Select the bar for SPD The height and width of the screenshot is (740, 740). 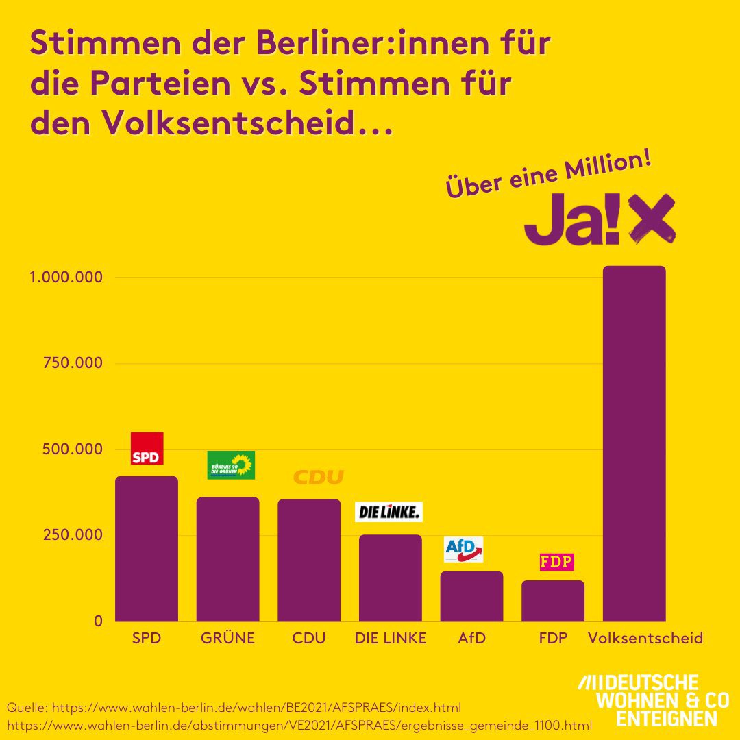tap(147, 548)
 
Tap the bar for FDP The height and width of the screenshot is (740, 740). tap(552, 601)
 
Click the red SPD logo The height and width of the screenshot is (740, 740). tap(147, 449)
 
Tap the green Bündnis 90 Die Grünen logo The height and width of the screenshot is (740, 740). tap(231, 465)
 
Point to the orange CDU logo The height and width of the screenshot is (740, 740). tap(318, 478)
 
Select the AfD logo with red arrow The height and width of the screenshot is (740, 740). tap(464, 549)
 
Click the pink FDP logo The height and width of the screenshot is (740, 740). tap(556, 562)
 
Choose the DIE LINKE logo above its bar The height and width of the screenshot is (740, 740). tap(388, 512)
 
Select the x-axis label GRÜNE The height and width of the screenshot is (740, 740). tap(227, 639)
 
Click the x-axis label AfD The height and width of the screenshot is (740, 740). tap(471, 639)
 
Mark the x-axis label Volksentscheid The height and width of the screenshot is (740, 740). tap(645, 639)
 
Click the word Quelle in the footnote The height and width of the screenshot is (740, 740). tap(27, 706)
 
